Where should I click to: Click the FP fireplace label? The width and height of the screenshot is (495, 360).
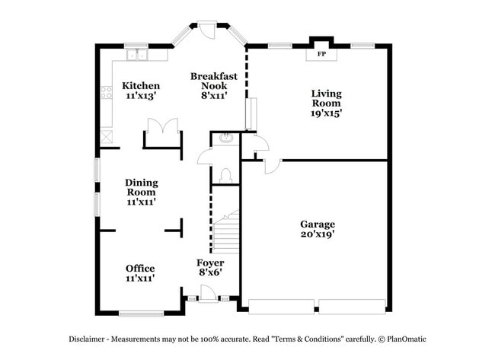point(321,54)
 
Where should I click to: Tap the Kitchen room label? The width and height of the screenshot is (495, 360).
point(141,85)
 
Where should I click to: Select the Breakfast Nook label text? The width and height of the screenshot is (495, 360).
point(214,81)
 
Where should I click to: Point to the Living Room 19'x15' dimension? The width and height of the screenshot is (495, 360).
point(327,113)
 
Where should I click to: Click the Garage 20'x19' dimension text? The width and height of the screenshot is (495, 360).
point(318,234)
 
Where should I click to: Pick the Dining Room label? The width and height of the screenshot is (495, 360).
point(142,187)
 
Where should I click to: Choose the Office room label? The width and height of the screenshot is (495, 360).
point(140,269)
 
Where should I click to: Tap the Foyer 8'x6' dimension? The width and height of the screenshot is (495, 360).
point(211,272)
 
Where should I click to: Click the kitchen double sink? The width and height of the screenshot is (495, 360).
point(137,55)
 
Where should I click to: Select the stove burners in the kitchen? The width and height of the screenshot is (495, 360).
point(107,92)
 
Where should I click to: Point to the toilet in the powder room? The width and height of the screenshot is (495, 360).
point(225,175)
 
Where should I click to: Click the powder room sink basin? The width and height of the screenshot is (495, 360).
point(225,138)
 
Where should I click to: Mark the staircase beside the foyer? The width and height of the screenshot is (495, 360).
point(225,233)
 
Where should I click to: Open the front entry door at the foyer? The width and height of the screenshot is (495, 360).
point(208,294)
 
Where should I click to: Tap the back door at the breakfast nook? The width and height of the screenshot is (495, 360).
point(207,29)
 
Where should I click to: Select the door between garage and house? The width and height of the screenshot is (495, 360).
point(273,166)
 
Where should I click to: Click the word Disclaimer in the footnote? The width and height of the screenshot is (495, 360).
point(87,339)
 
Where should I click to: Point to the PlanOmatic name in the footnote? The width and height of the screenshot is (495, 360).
point(407,339)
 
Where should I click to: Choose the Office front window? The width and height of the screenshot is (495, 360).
point(141,314)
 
